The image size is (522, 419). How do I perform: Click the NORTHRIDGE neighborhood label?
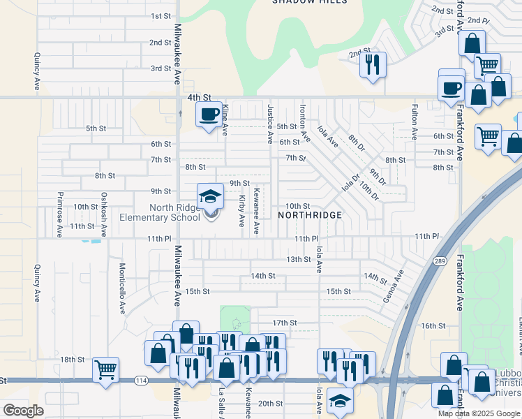pos(310,215)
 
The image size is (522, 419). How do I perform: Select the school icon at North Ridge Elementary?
pos(209,196)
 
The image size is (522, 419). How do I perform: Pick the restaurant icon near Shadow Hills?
pos(372,64)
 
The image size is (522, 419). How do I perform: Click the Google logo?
pos(24,411)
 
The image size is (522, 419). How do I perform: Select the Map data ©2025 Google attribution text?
pos(479,413)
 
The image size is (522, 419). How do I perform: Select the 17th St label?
pos(285,323)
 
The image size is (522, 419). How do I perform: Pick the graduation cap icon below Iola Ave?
pos(340,401)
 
